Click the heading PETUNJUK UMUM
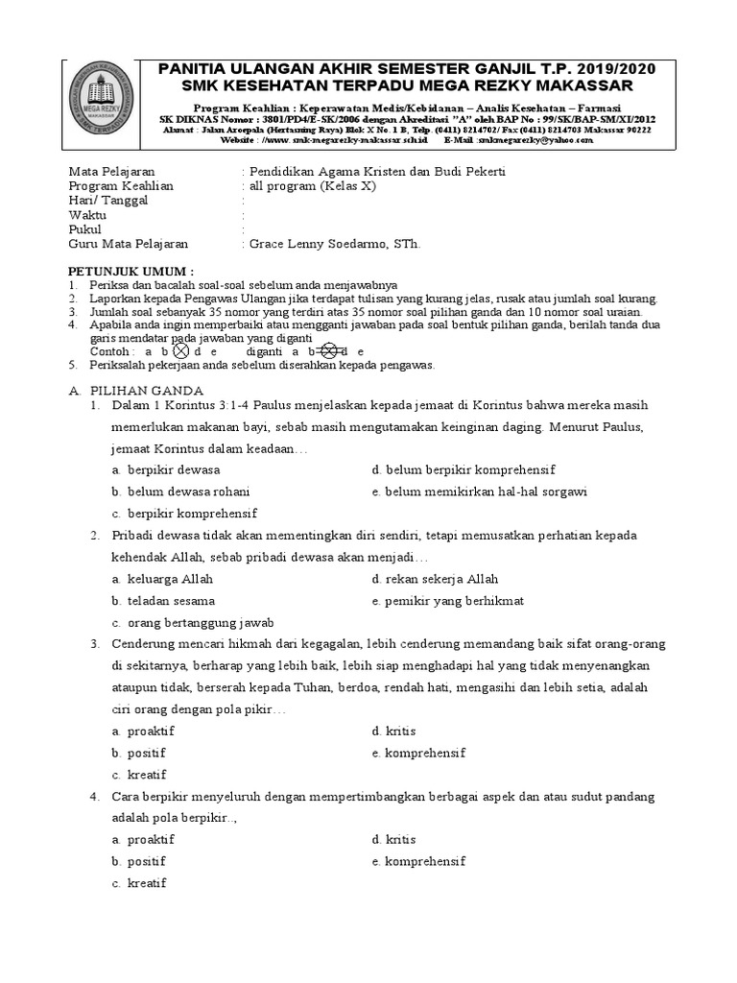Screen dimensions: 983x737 [131, 273]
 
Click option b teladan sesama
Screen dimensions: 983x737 [167, 601]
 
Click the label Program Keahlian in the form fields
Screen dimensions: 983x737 [121, 186]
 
